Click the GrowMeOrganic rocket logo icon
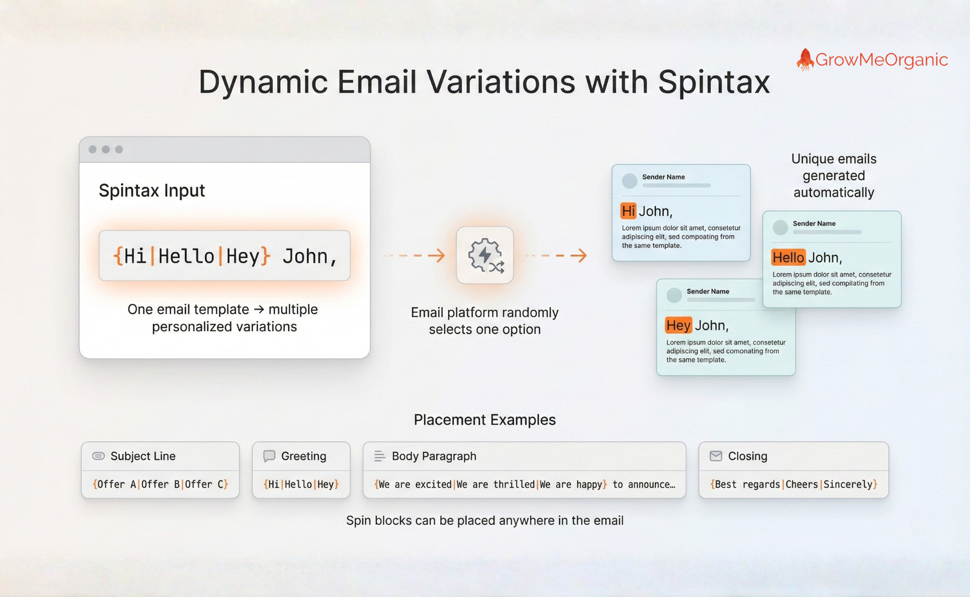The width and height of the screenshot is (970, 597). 805,59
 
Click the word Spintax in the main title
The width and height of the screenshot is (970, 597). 714,82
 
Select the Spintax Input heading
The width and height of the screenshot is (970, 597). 152,191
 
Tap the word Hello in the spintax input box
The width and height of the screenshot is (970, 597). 186,256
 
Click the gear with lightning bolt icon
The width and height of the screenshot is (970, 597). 484,255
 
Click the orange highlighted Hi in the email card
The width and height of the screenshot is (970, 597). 628,211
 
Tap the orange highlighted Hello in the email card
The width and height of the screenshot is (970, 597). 788,258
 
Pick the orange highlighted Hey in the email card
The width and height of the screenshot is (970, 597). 678,326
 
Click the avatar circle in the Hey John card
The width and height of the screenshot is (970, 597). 674,295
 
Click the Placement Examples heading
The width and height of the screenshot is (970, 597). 484,420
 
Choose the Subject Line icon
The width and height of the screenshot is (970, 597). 98,456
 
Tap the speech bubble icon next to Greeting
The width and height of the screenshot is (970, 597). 269,456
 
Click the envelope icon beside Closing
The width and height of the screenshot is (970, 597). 716,456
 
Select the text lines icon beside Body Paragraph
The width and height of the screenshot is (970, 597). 380,456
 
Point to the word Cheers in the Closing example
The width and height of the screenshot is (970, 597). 801,484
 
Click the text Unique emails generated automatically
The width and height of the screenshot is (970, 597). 834,176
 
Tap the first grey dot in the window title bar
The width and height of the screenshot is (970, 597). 93,149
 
